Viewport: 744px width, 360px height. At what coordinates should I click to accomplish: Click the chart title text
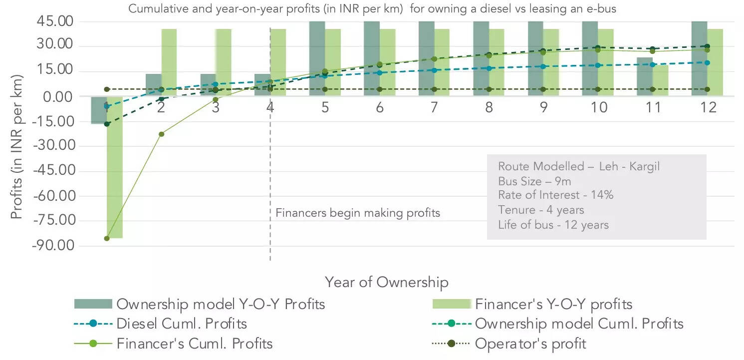pyautogui.click(x=372, y=9)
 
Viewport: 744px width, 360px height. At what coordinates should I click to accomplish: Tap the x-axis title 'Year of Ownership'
pyautogui.click(x=387, y=282)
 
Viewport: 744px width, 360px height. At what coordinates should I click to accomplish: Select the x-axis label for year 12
pyautogui.click(x=708, y=107)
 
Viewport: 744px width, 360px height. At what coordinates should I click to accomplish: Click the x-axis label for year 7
pyautogui.click(x=434, y=107)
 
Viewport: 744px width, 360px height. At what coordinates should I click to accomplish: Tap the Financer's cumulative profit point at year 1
pyautogui.click(x=107, y=238)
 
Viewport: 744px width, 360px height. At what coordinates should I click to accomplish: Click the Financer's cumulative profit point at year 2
pyautogui.click(x=161, y=134)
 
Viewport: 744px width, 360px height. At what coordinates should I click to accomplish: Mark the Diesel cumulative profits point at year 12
pyautogui.click(x=707, y=63)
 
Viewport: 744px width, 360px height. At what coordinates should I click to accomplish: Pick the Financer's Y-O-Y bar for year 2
pyautogui.click(x=169, y=62)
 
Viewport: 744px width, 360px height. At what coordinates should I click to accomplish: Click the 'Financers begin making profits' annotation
pyautogui.click(x=358, y=213)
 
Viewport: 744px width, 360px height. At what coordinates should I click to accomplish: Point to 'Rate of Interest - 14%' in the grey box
pyautogui.click(x=555, y=195)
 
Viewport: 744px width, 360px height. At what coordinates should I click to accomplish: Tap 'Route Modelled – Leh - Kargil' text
pyautogui.click(x=579, y=166)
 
